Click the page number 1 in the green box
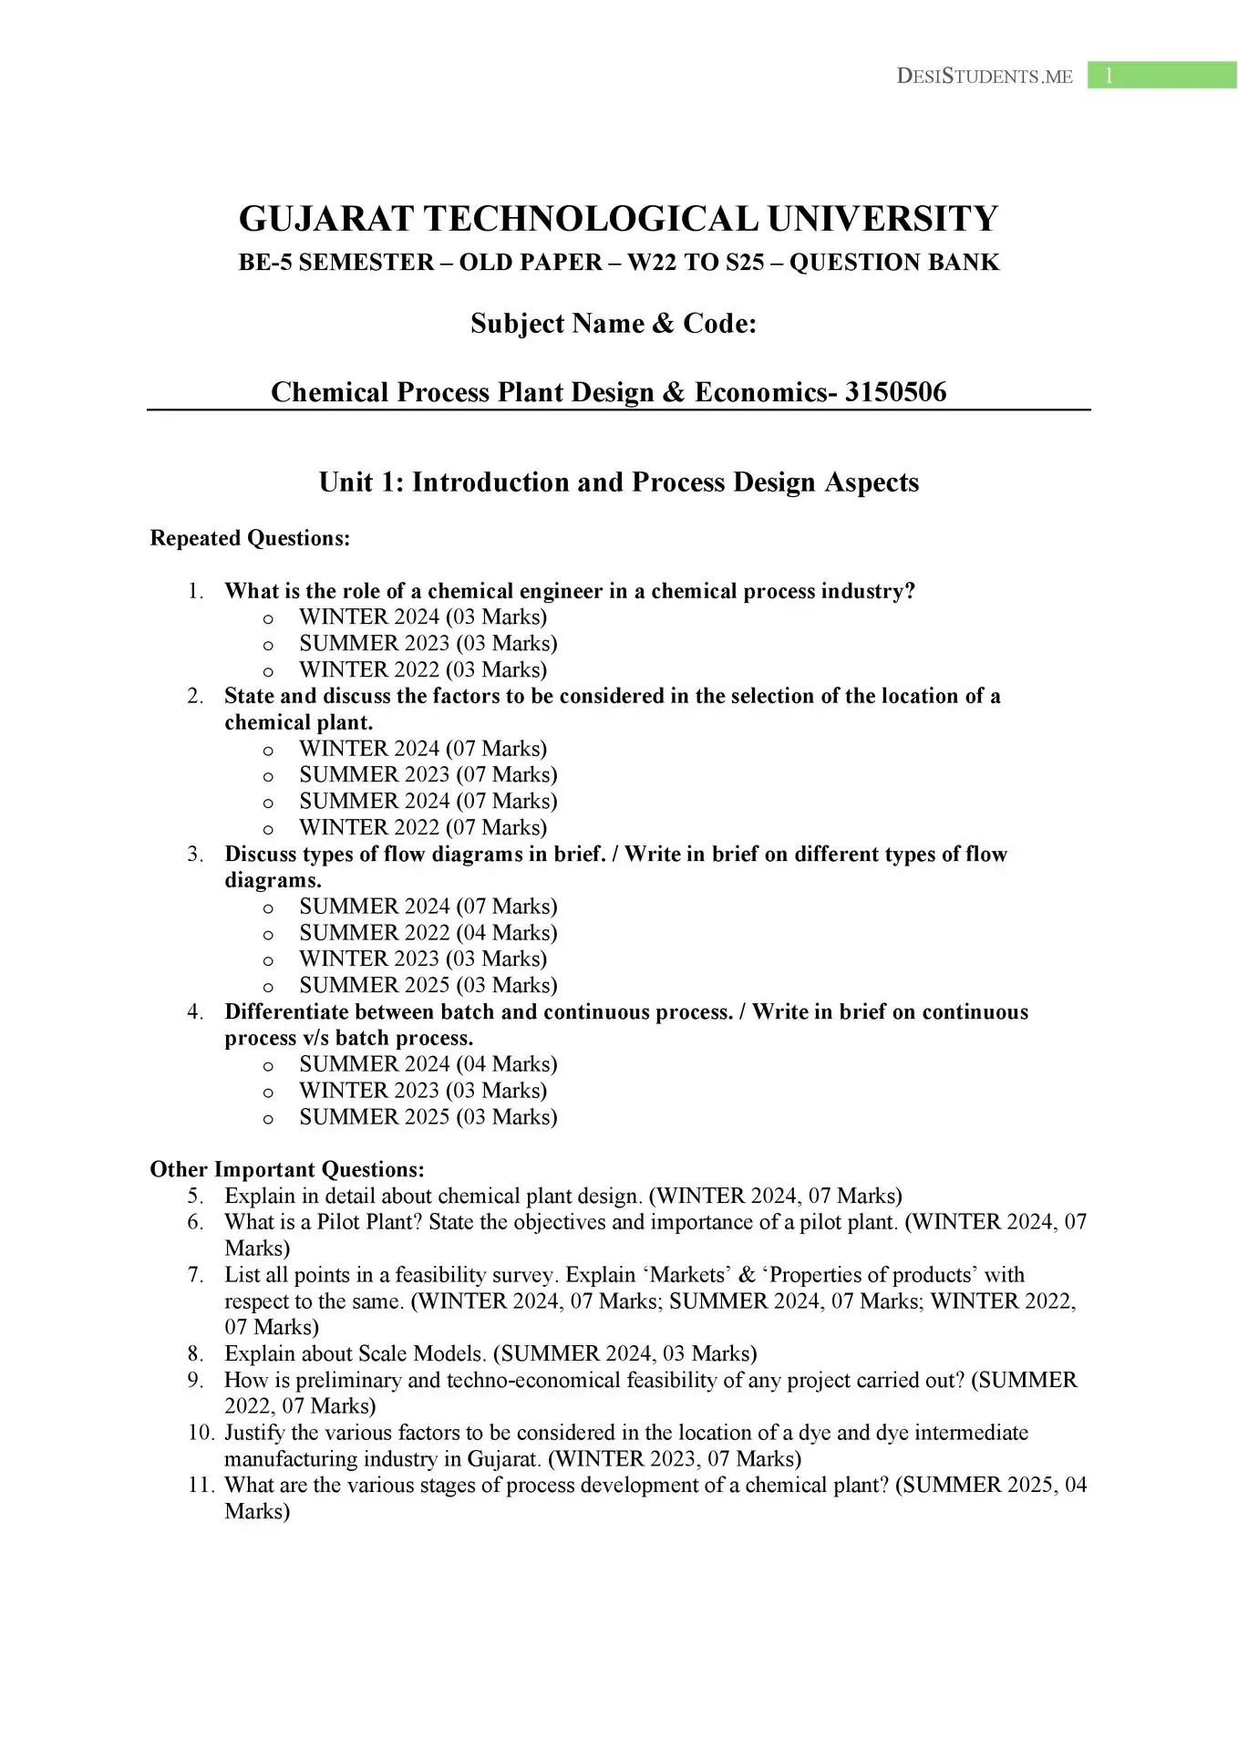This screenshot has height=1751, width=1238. pos(1109,76)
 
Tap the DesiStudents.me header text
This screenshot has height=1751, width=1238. pos(985,77)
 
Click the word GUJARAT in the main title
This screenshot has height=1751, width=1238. pos(325,219)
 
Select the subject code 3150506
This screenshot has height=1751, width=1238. pos(895,392)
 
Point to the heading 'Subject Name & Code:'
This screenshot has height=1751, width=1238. pos(614,324)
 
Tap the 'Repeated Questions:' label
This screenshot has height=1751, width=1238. pos(250,538)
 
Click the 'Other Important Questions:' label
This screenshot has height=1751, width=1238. pos(287,1169)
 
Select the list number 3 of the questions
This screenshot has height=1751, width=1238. pos(195,855)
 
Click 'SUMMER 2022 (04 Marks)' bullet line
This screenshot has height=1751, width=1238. pos(428,933)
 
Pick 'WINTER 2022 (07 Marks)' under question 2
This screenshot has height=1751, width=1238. pos(423,827)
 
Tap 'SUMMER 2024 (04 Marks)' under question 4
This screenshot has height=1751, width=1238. pos(428,1064)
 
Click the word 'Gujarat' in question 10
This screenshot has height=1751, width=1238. pos(503,1459)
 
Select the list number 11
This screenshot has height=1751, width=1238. pos(201,1486)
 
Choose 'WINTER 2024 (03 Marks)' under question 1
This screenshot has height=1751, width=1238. pos(423,617)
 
